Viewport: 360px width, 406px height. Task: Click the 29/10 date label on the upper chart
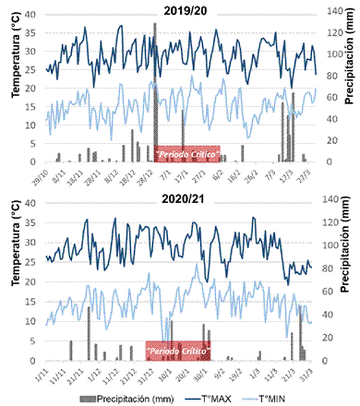tap(42, 173)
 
